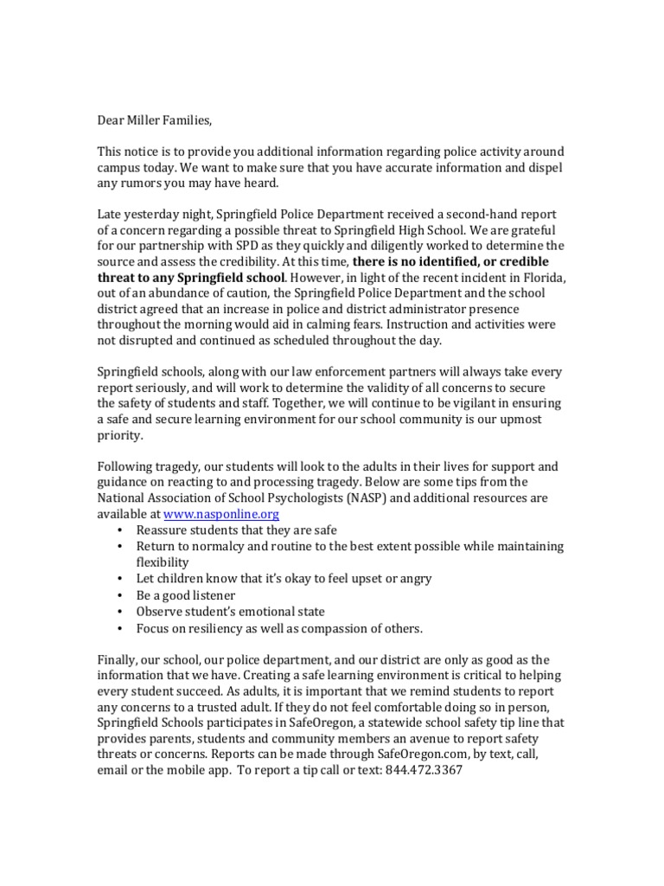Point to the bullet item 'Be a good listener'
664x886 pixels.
(x=186, y=595)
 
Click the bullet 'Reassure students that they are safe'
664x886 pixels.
(x=236, y=530)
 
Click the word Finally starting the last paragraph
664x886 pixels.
(x=118, y=658)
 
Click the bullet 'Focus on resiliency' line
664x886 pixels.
(x=279, y=628)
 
